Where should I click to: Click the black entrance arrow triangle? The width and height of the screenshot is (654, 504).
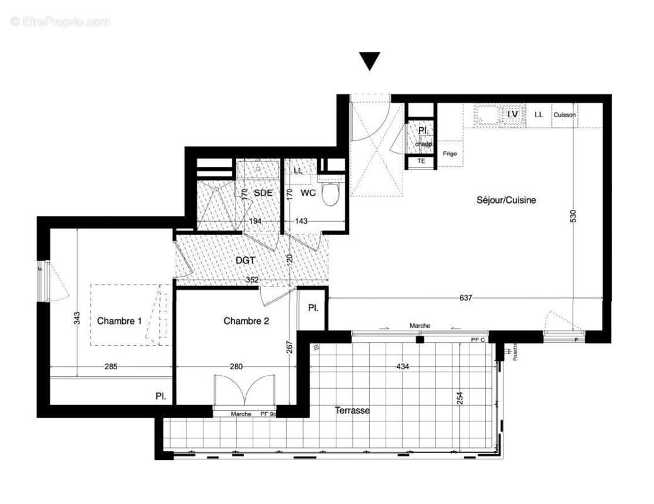coord(370,61)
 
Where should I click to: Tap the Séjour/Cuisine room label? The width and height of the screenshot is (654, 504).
coord(506,200)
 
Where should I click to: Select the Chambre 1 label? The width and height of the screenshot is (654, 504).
coord(119,321)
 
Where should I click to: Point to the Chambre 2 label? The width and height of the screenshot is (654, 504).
coord(246,321)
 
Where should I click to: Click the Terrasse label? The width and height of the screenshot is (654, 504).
coord(352,410)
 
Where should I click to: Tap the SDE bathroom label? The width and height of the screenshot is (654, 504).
coord(263,193)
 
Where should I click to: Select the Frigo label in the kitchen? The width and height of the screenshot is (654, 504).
coord(449,154)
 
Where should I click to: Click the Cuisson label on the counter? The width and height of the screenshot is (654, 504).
coord(565,115)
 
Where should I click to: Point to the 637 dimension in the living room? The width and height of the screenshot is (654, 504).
coord(465,298)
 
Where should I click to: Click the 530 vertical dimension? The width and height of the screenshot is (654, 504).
coord(573,214)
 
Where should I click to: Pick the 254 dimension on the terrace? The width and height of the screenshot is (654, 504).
coord(460,398)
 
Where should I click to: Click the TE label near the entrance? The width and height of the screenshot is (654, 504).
coord(421,161)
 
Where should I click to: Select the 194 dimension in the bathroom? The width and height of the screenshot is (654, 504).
coord(255,222)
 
